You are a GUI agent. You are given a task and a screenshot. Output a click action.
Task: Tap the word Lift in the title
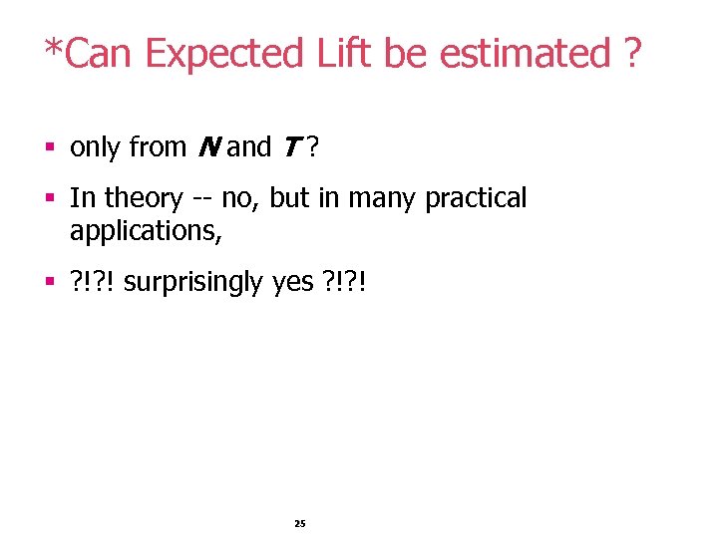[344, 54]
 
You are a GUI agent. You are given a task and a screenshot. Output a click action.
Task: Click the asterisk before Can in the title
[51, 46]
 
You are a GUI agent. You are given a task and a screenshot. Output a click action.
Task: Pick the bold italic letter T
[292, 147]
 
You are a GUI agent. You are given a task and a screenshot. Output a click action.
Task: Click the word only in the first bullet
[96, 148]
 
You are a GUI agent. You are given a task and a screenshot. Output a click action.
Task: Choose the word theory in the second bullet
[144, 199]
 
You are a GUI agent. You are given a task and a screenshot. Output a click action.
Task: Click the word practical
[476, 199]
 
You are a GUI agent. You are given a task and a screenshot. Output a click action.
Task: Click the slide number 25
[300, 523]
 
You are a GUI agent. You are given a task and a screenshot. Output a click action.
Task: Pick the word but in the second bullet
[289, 198]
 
